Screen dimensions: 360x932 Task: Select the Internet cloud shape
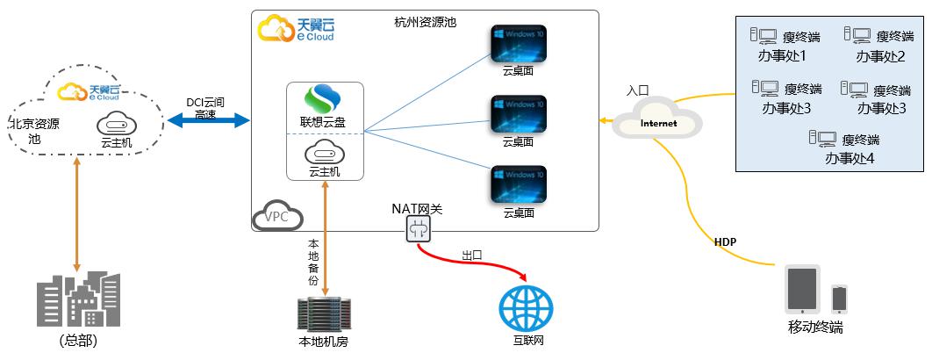click(x=659, y=122)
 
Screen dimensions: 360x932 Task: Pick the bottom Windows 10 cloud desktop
click(x=518, y=185)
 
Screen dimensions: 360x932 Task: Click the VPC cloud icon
click(x=277, y=217)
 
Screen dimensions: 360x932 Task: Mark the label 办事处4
click(x=850, y=159)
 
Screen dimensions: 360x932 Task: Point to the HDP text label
click(x=725, y=241)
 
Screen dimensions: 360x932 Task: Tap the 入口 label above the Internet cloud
click(x=637, y=90)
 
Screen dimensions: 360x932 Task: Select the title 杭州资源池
click(x=426, y=21)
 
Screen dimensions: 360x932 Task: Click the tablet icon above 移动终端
click(x=803, y=290)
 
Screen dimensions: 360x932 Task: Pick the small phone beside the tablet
click(x=839, y=298)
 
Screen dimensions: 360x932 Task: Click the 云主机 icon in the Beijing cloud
click(x=115, y=123)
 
